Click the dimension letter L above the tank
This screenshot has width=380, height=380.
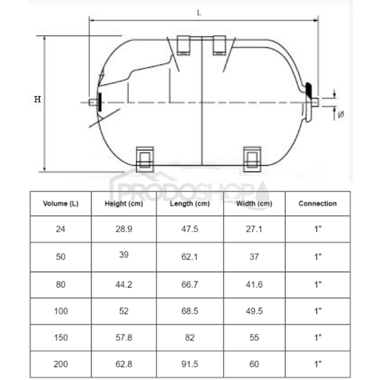(199, 13)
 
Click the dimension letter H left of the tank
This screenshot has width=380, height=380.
(38, 99)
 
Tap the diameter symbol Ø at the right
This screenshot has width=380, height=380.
(341, 114)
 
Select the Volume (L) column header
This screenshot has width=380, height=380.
(61, 203)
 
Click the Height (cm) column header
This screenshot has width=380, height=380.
(124, 204)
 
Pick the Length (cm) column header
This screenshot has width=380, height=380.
(190, 204)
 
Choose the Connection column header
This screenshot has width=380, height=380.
(318, 203)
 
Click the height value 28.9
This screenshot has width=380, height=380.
(124, 229)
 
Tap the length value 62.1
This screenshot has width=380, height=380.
(190, 257)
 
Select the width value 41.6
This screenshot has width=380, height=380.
(254, 285)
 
